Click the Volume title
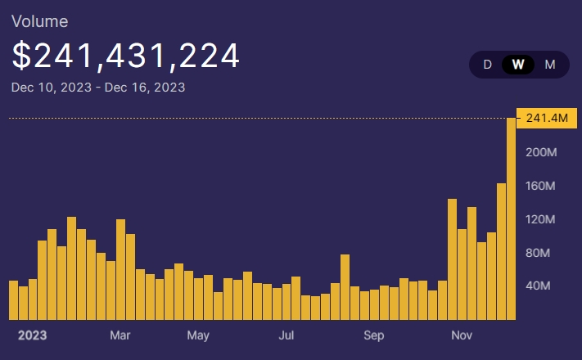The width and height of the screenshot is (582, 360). click(39, 21)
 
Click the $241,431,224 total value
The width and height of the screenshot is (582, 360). click(126, 56)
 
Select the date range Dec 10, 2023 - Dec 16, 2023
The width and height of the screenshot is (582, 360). click(98, 87)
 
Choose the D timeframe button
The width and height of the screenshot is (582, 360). click(488, 65)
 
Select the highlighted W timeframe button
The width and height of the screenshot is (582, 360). click(518, 65)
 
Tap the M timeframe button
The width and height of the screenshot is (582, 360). click(550, 65)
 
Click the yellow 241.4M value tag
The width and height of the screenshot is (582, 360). click(545, 119)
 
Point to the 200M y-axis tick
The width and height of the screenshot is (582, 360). click(541, 152)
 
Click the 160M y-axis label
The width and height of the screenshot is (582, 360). click(541, 186)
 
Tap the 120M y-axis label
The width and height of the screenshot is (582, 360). click(541, 219)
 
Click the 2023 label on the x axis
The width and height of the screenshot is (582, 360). click(32, 335)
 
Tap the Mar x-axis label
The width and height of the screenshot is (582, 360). click(120, 335)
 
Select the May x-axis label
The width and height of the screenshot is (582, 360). click(198, 335)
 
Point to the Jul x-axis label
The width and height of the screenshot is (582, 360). click(286, 335)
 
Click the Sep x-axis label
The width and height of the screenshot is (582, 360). click(373, 335)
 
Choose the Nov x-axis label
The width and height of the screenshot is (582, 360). click(462, 335)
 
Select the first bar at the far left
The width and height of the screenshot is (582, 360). click(13, 299)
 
